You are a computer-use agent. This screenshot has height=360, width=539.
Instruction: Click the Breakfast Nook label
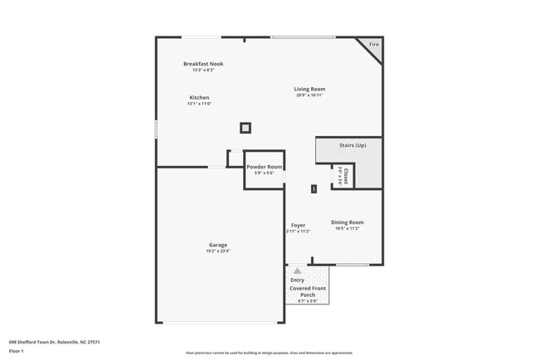coord(203,64)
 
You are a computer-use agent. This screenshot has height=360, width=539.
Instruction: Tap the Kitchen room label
coord(199,98)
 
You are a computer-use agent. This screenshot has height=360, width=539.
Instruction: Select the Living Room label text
coord(309,89)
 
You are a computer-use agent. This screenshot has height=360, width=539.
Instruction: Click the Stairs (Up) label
coord(352,145)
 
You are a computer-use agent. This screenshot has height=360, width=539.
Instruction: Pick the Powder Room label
coord(264,167)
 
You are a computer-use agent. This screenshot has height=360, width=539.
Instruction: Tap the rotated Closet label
coord(345,174)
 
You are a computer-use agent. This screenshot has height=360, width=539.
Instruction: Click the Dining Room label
coord(347,221)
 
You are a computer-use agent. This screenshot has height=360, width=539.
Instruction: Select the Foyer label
coord(299,226)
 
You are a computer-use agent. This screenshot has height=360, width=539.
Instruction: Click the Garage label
coord(218,245)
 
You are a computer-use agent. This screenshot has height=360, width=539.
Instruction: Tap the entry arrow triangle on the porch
coord(297,270)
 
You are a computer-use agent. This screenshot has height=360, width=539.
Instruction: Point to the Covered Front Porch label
coord(308,290)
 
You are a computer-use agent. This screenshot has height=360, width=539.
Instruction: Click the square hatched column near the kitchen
coord(245,128)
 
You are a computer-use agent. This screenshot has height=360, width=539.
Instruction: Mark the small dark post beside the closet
coord(314,189)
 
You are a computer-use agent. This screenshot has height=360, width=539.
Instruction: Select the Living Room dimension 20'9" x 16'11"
coord(309,95)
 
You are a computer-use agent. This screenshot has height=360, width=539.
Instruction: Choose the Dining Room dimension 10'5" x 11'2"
coord(347,228)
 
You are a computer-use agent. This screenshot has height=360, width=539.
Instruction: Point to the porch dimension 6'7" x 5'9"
coord(308,301)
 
